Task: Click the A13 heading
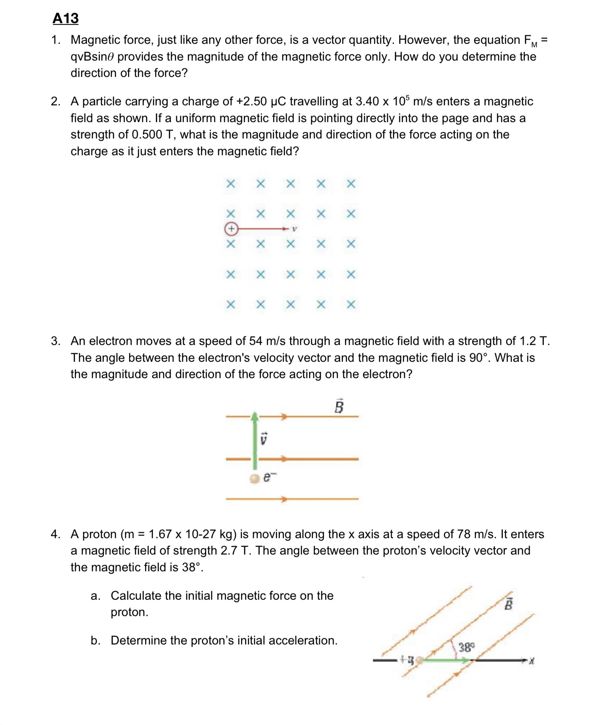pyautogui.click(x=65, y=18)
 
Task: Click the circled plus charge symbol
pyautogui.click(x=231, y=229)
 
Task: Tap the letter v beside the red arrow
pyautogui.click(x=294, y=229)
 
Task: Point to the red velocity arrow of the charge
pyautogui.click(x=263, y=229)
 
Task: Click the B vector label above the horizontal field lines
pyautogui.click(x=339, y=406)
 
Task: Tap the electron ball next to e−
pyautogui.click(x=255, y=478)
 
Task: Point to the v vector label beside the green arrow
pyautogui.click(x=264, y=439)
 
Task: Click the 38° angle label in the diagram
pyautogui.click(x=466, y=647)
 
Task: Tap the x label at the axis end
pyautogui.click(x=532, y=660)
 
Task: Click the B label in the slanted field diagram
pyautogui.click(x=508, y=604)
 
